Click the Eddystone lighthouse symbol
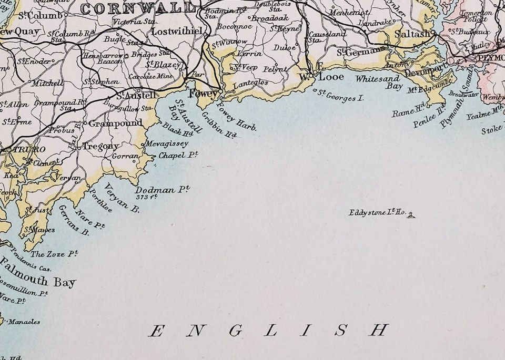[411, 214]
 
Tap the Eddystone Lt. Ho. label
[376, 213]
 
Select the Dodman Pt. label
[162, 190]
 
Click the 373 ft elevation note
[147, 198]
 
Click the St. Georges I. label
[341, 96]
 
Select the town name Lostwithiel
[177, 31]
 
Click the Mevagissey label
[167, 143]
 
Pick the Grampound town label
[115, 123]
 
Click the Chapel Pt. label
[178, 155]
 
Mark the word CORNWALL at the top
[138, 8]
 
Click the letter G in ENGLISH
[235, 331]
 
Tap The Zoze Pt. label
[54, 254]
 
